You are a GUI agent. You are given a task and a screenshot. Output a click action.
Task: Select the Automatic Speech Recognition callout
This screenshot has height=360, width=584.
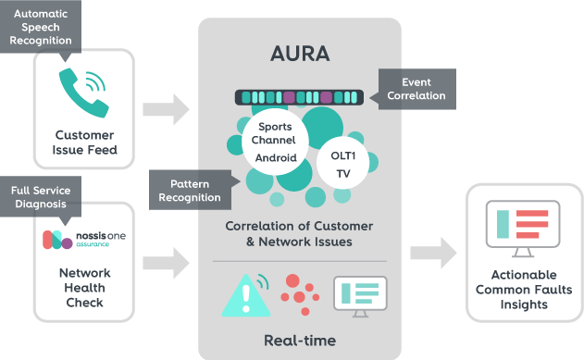[x=40, y=27]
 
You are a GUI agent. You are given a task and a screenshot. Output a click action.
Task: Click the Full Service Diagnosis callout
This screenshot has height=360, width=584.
[x=40, y=197]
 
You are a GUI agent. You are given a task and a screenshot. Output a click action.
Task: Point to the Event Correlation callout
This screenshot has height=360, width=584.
[x=416, y=89]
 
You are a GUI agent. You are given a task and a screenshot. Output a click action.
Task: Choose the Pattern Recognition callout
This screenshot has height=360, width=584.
[x=190, y=190]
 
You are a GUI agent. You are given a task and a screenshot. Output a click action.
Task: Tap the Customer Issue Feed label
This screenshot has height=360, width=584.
[x=85, y=142]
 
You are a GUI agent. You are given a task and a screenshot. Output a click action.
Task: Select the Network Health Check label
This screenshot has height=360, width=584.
[x=84, y=287]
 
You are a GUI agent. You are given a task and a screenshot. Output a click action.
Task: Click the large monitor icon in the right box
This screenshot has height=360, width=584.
[x=525, y=228]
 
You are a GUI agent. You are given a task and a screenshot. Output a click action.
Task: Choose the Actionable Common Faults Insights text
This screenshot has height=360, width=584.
[x=525, y=291]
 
